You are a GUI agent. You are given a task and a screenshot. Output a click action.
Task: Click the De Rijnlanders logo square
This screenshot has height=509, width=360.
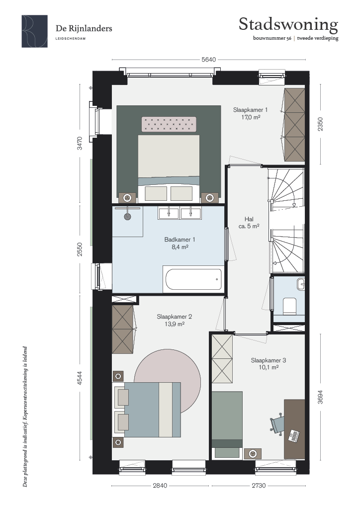35,31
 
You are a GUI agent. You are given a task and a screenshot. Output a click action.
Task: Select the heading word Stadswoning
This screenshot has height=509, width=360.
288,25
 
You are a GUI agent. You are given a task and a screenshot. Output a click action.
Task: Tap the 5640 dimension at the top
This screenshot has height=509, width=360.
208,60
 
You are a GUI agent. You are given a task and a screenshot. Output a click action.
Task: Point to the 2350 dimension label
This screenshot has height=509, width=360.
320,124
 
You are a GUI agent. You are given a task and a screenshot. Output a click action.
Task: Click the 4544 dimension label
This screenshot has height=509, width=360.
80,378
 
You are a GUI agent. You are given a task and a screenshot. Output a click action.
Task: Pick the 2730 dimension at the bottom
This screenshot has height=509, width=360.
259,486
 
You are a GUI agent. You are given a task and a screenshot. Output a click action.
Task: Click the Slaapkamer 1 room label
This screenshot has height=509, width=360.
250,110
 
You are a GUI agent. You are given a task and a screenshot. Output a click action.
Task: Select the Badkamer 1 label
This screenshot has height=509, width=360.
180,240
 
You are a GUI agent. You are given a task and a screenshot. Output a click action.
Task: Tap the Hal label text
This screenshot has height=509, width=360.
249,219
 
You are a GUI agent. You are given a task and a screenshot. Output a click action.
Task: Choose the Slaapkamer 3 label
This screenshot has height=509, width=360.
269,360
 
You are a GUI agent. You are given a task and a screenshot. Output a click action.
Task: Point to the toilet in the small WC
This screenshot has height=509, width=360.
289,306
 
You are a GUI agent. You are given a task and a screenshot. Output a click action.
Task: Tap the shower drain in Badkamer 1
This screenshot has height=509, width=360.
127,217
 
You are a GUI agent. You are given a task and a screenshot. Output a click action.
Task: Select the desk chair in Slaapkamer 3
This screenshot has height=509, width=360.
277,423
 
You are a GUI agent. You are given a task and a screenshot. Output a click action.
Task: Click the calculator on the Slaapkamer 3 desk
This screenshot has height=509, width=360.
294,435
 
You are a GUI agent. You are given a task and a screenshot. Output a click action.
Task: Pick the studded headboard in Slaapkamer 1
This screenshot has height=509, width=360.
169,124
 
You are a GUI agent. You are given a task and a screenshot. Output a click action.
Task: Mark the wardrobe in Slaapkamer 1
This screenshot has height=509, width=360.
294,124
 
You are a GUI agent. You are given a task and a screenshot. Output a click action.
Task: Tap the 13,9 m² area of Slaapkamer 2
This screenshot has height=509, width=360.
175,324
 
